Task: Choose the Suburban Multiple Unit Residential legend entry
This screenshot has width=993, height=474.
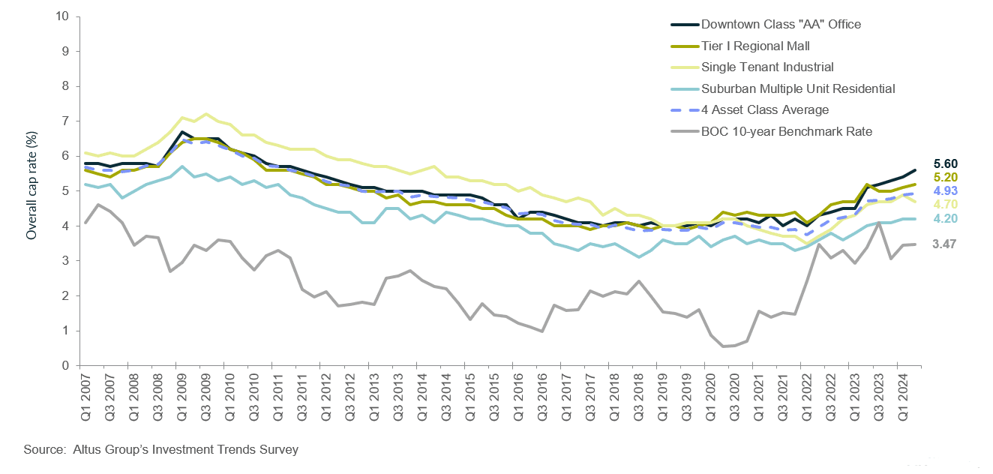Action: (x=796, y=88)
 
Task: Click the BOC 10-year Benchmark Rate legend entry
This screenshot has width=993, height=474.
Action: (x=786, y=132)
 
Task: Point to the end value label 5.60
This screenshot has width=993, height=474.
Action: (x=946, y=164)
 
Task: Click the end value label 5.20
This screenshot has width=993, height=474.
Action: (x=946, y=178)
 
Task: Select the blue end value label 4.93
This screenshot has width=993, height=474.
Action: (x=946, y=191)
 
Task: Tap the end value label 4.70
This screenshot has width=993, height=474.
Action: (x=946, y=205)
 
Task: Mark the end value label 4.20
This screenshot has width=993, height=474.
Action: (x=946, y=219)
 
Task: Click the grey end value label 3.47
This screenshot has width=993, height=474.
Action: (x=946, y=244)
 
